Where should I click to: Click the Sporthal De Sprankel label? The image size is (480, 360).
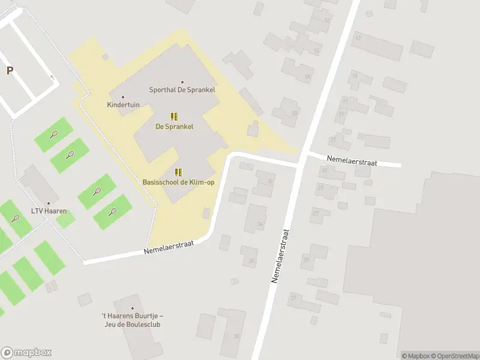tap(182, 90)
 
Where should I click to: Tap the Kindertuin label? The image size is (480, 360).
tap(123, 104)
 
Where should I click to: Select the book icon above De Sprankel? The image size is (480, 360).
tap(174, 116)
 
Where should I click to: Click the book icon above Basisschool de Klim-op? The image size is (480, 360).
tap(178, 172)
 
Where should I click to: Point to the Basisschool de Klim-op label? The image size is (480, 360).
tap(178, 182)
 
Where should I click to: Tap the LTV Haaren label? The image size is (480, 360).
tap(49, 211)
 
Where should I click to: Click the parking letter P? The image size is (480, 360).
tap(10, 71)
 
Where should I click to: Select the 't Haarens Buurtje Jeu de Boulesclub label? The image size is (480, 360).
tap(132, 320)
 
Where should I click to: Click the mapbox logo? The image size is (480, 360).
tap(26, 353)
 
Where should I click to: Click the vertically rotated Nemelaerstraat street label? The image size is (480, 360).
tap(280, 256)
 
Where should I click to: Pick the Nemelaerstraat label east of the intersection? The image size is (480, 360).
tap(351, 159)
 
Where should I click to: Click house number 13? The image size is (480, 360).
tap(358, 37)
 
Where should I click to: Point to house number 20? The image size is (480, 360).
tap(294, 113)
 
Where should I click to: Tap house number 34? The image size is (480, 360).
tap(260, 224)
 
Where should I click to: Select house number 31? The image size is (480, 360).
tap(293, 298)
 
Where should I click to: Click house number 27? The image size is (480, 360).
tap(315, 213)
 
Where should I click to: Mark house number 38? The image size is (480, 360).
tap(236, 336)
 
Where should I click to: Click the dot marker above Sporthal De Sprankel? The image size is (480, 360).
tap(182, 82)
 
